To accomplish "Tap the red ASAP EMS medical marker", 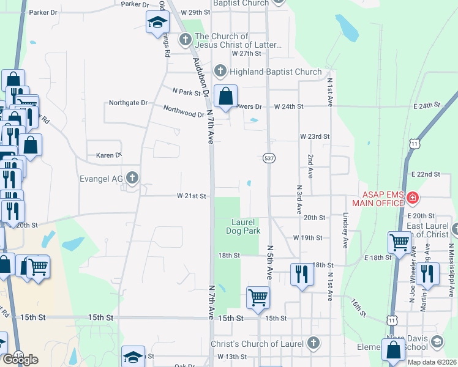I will [413, 198].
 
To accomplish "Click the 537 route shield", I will [269, 158].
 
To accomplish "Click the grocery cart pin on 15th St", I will [258, 298].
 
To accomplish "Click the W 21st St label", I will [194, 196].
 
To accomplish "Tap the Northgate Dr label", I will [128, 103].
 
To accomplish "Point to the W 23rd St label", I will [315, 136].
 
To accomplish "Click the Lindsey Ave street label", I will [346, 231].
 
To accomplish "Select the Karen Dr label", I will [109, 156].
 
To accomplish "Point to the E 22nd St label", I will [426, 174].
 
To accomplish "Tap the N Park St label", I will [187, 92].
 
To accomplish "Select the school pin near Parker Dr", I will [157, 23].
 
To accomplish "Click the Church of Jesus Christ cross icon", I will [186, 40].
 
